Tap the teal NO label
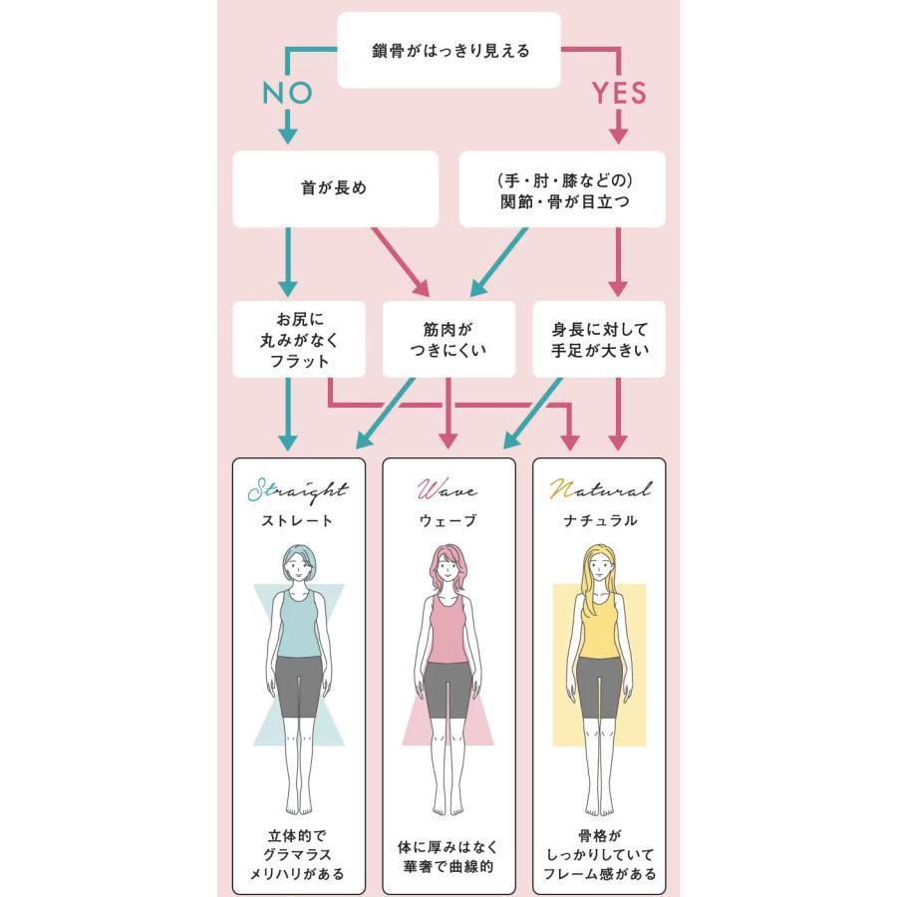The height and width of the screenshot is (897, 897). (287, 93)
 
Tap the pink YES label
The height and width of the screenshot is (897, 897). (619, 93)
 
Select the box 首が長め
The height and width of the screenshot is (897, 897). (335, 188)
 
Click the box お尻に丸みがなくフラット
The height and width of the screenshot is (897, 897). (299, 340)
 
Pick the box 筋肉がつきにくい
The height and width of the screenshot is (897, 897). (448, 339)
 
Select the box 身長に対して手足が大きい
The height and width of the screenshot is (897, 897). (599, 339)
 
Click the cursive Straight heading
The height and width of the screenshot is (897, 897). (297, 490)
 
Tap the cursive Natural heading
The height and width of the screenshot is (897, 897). (599, 490)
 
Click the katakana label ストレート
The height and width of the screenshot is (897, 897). (297, 520)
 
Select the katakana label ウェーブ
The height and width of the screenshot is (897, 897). (448, 520)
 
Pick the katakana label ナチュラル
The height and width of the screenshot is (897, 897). (599, 520)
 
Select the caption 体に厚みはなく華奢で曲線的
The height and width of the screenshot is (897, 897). (448, 856)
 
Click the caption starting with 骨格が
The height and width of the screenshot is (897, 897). (599, 856)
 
